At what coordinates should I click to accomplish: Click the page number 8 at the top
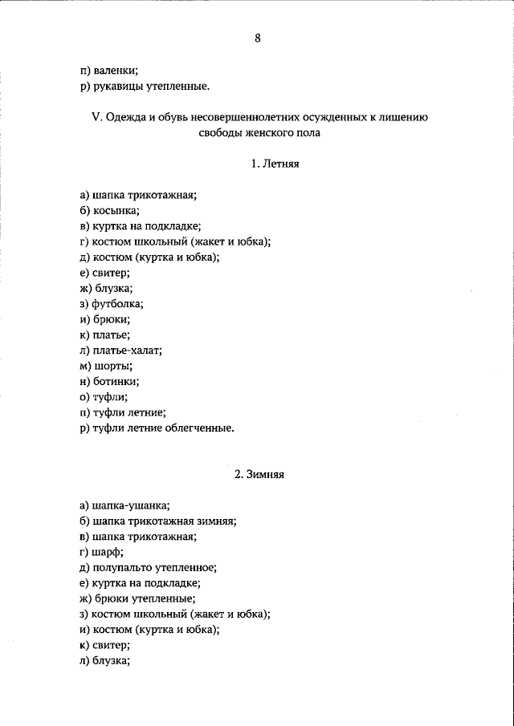[257, 38]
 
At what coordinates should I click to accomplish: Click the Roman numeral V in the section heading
[95, 117]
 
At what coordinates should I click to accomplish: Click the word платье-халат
[127, 351]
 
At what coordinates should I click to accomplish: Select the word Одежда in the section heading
[124, 117]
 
